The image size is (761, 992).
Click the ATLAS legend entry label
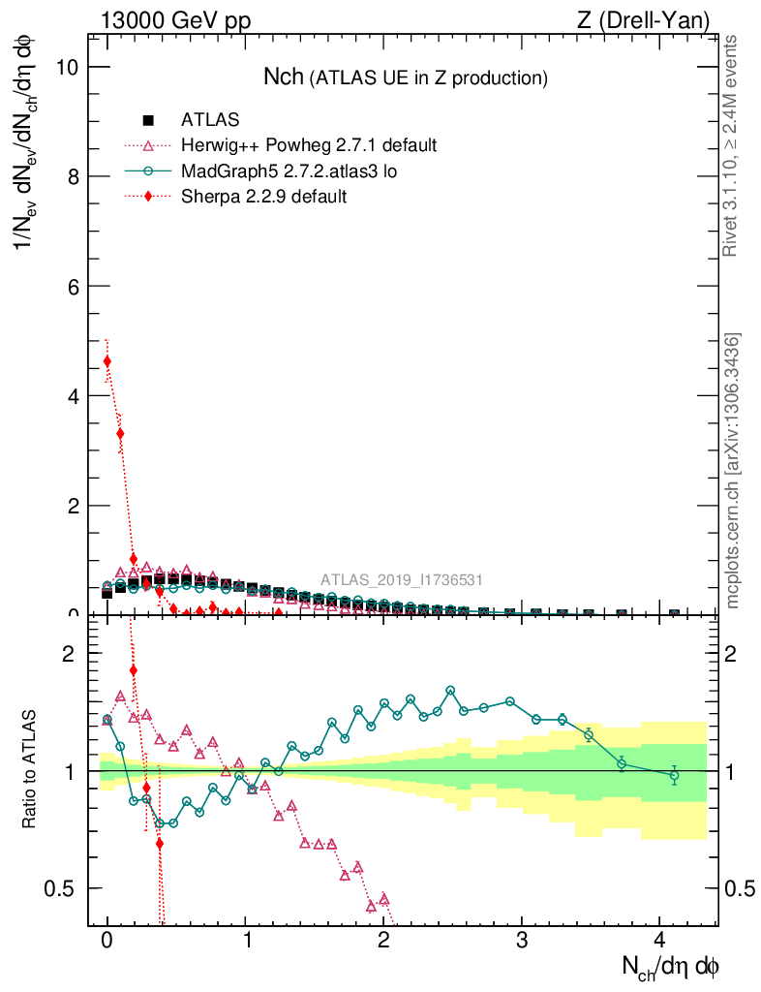[x=210, y=120]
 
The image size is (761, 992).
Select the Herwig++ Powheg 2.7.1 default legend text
[x=309, y=145]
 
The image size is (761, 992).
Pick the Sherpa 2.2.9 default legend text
[x=263, y=196]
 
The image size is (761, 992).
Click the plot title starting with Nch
[x=406, y=77]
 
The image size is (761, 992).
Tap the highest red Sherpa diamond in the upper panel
[x=107, y=361]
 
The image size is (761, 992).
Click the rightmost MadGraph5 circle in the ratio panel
[x=674, y=775]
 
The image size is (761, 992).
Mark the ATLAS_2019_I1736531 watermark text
[x=402, y=580]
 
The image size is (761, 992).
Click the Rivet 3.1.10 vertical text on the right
[x=731, y=145]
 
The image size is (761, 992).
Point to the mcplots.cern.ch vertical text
[x=733, y=470]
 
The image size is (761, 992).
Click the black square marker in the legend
[x=148, y=120]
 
